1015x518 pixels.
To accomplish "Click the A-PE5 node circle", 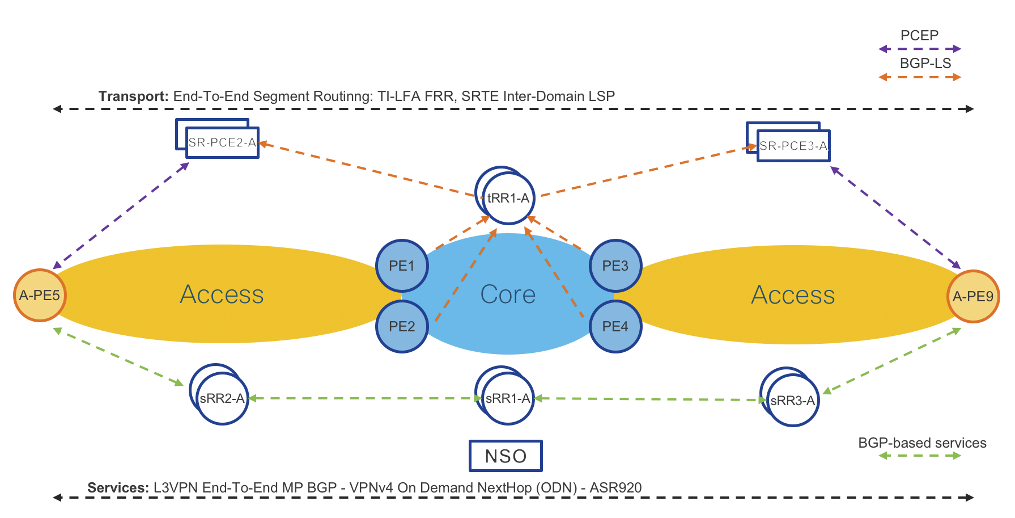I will coord(40,295).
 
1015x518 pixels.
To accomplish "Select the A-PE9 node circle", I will coord(973,296).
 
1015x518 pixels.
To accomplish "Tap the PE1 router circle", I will coord(402,266).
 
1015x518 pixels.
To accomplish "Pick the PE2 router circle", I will coord(402,326).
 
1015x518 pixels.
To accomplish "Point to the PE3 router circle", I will coord(615,266).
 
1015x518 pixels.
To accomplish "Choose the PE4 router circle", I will coord(615,326).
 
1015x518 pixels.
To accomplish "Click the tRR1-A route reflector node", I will coord(508,198).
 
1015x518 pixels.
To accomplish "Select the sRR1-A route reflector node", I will coord(508,398).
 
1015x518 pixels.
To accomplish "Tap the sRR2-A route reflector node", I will coord(222,398).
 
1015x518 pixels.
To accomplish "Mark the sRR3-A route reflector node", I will coord(792,400).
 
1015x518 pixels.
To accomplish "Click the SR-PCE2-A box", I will coord(222,142).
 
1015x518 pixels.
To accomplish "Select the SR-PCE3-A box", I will coord(793,146).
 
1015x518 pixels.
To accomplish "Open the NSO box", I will coord(506,456).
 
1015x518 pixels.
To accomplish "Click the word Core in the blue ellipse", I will coord(508,294).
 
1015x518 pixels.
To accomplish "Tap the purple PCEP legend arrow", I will coord(919,49).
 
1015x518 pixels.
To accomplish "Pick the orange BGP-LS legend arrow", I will coord(919,77).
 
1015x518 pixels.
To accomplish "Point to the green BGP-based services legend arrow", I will coord(919,456).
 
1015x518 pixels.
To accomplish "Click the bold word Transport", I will coord(133,96).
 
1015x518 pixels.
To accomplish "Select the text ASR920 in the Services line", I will coord(615,488).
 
